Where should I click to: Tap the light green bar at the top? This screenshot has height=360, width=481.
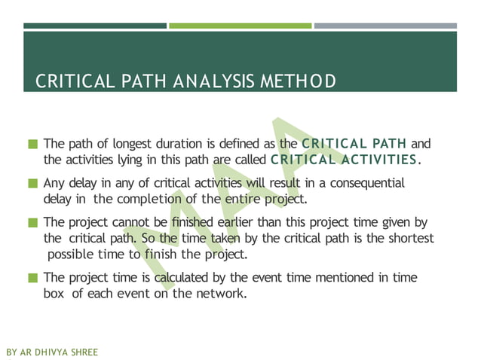[240, 26]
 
